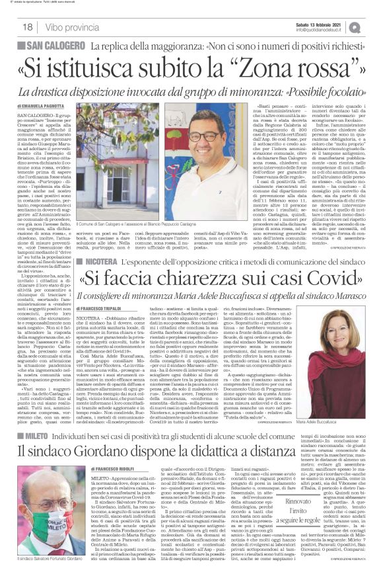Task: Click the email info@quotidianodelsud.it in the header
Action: (x=320, y=30)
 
